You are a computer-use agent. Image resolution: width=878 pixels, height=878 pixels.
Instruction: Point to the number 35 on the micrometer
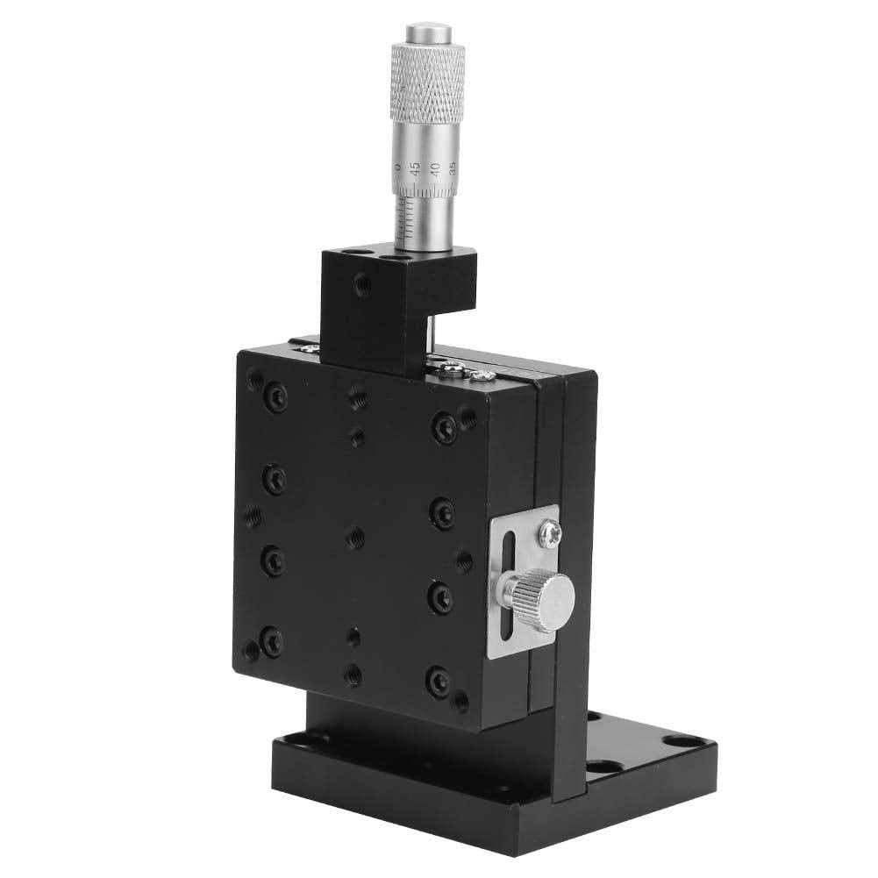(x=452, y=167)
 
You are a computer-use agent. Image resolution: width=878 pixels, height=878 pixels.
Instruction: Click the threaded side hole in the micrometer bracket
(x=360, y=283)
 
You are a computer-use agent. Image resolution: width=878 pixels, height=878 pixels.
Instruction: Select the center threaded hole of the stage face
(x=355, y=538)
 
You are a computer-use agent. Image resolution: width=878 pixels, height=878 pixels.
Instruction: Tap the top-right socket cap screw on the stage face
(x=445, y=428)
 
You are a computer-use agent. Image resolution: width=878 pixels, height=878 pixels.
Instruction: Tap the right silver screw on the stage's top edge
(x=480, y=375)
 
